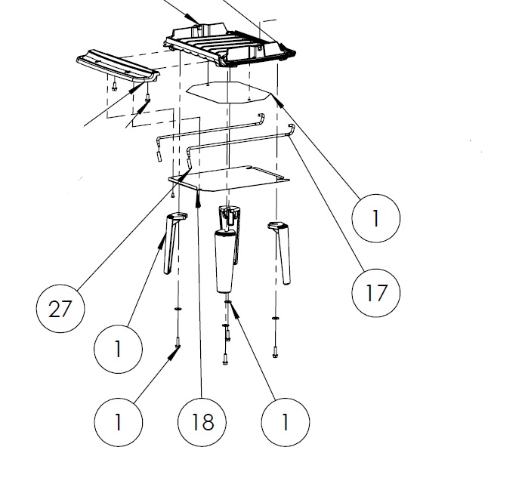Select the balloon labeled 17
point(375,291)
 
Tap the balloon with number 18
point(202,421)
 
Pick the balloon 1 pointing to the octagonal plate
point(375,217)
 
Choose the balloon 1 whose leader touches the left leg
point(118,348)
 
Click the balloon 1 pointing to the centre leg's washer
point(285,421)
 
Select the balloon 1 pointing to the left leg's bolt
point(118,421)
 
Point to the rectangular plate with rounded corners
point(230,178)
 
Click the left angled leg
point(171,245)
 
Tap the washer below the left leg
point(178,310)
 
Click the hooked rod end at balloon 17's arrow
point(292,130)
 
